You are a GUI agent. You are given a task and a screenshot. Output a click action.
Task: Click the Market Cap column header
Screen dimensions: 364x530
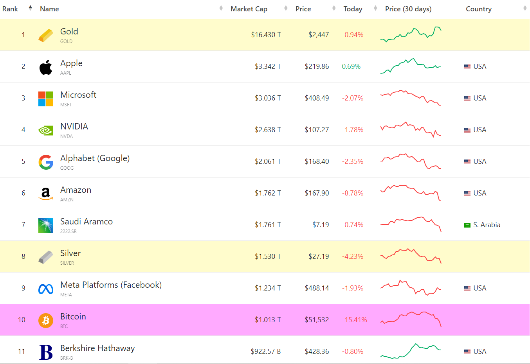[249, 9]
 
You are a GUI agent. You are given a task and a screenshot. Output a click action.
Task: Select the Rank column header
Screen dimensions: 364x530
[10, 9]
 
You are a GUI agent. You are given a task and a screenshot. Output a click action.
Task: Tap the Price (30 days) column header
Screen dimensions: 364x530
[408, 9]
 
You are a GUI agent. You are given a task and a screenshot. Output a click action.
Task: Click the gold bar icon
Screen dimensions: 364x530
[46, 36]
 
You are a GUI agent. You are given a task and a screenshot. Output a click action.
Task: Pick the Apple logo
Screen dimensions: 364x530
[46, 67]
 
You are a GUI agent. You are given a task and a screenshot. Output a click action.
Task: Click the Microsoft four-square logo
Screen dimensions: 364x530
[46, 99]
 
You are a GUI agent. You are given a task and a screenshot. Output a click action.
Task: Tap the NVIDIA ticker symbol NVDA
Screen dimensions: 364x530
[67, 136]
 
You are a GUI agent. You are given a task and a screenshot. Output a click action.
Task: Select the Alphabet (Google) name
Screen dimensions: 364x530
[95, 158]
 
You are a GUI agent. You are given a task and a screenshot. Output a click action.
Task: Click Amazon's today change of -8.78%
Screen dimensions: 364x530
[353, 193]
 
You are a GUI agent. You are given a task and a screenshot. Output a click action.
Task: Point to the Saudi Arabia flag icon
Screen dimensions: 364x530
[467, 225]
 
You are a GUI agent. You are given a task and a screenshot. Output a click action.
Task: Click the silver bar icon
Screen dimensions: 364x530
[46, 257]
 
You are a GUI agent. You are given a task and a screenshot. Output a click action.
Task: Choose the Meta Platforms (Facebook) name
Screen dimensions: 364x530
[111, 285]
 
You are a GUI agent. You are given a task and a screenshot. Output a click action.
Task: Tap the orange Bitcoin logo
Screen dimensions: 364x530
[46, 321]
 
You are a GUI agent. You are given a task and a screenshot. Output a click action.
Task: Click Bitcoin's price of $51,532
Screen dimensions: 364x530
[317, 320]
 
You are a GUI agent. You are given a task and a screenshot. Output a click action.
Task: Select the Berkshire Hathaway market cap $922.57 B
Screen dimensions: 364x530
[266, 351]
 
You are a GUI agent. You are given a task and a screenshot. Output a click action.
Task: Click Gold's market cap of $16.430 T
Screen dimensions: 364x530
[266, 35]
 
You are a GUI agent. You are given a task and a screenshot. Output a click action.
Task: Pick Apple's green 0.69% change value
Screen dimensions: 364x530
[351, 66]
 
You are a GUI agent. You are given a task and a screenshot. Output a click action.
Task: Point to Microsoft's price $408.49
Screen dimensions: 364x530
[317, 98]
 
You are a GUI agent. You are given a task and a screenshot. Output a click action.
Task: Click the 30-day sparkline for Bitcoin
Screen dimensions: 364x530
[411, 319]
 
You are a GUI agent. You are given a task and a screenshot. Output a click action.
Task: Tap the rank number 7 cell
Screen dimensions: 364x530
[23, 225]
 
